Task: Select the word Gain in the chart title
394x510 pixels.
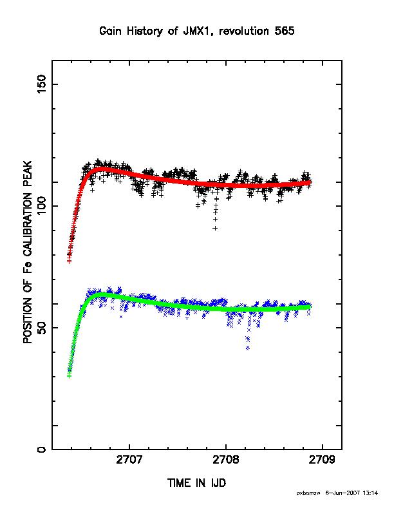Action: pos(111,31)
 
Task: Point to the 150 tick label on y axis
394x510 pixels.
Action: pos(42,84)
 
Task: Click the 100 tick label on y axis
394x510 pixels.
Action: pos(42,206)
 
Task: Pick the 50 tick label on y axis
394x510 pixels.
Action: pos(42,328)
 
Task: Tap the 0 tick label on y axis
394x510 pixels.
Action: pos(42,449)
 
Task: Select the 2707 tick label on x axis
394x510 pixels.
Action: pos(129,460)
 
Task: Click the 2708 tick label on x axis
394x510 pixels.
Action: pos(226,460)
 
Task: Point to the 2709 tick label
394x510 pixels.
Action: pos(322,460)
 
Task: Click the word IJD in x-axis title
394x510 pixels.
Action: pos(218,483)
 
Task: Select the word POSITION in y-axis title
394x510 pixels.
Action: pos(28,316)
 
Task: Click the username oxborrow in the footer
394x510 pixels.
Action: pos(308,493)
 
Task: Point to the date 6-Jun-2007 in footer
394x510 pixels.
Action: pos(342,493)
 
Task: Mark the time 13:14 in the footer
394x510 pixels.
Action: pos(370,493)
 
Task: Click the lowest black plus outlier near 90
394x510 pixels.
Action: pos(215,228)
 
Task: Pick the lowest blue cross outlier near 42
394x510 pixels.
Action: pos(248,348)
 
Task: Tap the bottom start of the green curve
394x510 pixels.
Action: pos(69,376)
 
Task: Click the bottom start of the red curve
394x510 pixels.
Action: pos(69,261)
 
